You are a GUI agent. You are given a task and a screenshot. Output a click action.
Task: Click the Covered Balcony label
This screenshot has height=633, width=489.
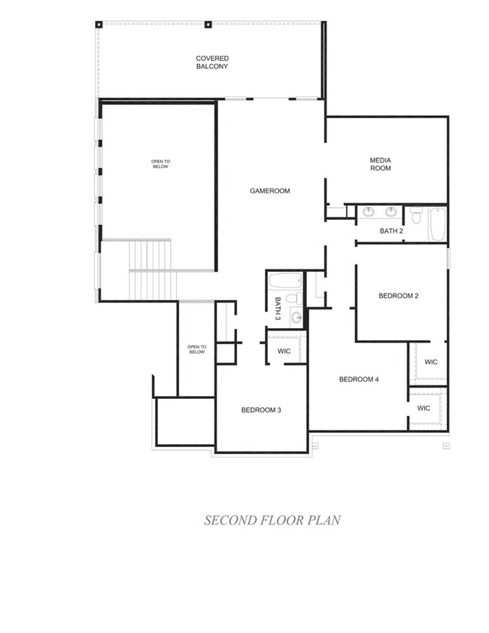pyautogui.click(x=212, y=62)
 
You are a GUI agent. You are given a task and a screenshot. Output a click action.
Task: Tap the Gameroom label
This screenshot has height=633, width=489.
pyautogui.click(x=270, y=191)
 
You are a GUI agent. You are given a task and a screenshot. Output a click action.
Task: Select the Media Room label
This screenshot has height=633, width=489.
pyautogui.click(x=381, y=164)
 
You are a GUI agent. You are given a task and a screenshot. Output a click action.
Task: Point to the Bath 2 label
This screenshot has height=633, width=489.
pyautogui.click(x=391, y=231)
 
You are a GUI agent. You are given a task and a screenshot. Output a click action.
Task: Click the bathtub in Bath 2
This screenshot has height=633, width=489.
pyautogui.click(x=437, y=224)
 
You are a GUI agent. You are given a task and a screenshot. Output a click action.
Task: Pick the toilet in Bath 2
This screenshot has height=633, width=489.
pyautogui.click(x=416, y=215)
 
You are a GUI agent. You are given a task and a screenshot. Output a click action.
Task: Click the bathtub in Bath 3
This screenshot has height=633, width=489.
pyautogui.click(x=286, y=281)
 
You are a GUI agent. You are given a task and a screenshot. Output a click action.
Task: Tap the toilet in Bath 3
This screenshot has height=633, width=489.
pyautogui.click(x=294, y=299)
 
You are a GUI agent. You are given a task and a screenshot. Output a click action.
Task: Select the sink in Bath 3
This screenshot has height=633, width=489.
pyautogui.click(x=296, y=318)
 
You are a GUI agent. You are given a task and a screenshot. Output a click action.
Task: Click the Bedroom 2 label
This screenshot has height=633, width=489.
pyautogui.click(x=399, y=296)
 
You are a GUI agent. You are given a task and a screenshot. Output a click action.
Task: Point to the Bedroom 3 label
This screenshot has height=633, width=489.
pyautogui.click(x=261, y=410)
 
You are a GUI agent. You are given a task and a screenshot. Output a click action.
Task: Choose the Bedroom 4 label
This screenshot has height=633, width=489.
pyautogui.click(x=359, y=379)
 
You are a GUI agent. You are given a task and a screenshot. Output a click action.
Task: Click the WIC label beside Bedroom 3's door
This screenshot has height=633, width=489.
pyautogui.click(x=284, y=351)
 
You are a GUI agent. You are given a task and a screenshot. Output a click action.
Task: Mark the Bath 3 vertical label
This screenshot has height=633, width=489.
pyautogui.click(x=278, y=309)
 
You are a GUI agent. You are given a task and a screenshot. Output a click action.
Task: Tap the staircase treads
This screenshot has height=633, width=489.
pyautogui.click(x=153, y=269)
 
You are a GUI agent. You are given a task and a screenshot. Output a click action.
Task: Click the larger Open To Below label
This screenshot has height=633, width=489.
pyautogui.click(x=160, y=164)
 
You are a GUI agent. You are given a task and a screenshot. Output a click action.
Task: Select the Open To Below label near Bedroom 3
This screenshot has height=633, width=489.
pyautogui.click(x=197, y=349)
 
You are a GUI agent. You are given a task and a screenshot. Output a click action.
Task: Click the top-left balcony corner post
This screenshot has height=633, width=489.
pyautogui.click(x=99, y=24)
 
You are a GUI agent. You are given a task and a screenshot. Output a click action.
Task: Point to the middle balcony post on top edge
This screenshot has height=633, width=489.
pyautogui.click(x=208, y=24)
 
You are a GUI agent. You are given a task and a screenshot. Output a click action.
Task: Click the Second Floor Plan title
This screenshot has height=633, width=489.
pyautogui.click(x=272, y=520)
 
